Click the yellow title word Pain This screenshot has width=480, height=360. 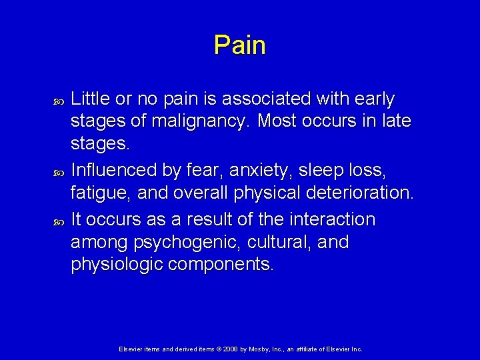point(240,45)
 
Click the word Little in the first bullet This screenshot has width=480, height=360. point(91,99)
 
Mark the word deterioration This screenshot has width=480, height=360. point(358,194)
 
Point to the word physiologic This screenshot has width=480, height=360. point(117,265)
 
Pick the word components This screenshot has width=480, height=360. point(221,265)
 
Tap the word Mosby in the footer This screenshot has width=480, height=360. point(261,349)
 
